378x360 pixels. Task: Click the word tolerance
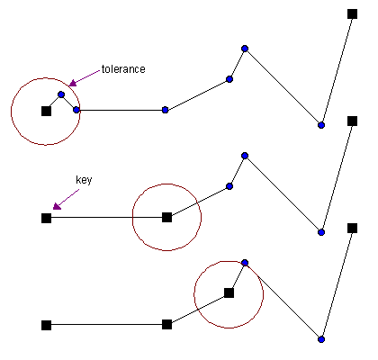click(123, 69)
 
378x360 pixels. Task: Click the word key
click(84, 180)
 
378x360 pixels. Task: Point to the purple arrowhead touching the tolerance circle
click(72, 83)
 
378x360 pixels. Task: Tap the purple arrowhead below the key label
click(57, 206)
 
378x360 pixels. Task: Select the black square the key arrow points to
click(46, 218)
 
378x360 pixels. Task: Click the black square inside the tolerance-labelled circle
click(46, 111)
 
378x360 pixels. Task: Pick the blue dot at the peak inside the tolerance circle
click(61, 94)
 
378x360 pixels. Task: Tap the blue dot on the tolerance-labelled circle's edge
click(76, 110)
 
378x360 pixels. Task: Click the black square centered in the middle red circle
click(166, 217)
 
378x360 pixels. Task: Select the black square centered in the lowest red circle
click(229, 292)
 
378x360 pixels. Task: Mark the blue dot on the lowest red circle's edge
click(245, 263)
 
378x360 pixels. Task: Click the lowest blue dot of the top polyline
click(321, 125)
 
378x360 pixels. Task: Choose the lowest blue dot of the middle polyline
click(321, 232)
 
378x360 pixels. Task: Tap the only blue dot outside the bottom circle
click(321, 339)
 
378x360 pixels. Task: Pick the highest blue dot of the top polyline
click(245, 49)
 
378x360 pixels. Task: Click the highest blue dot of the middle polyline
click(245, 156)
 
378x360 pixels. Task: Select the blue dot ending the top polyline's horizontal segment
click(165, 110)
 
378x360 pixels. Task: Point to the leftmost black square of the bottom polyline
click(46, 325)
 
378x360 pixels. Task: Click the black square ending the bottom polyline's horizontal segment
click(166, 324)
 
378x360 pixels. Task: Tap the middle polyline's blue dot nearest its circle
click(229, 186)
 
